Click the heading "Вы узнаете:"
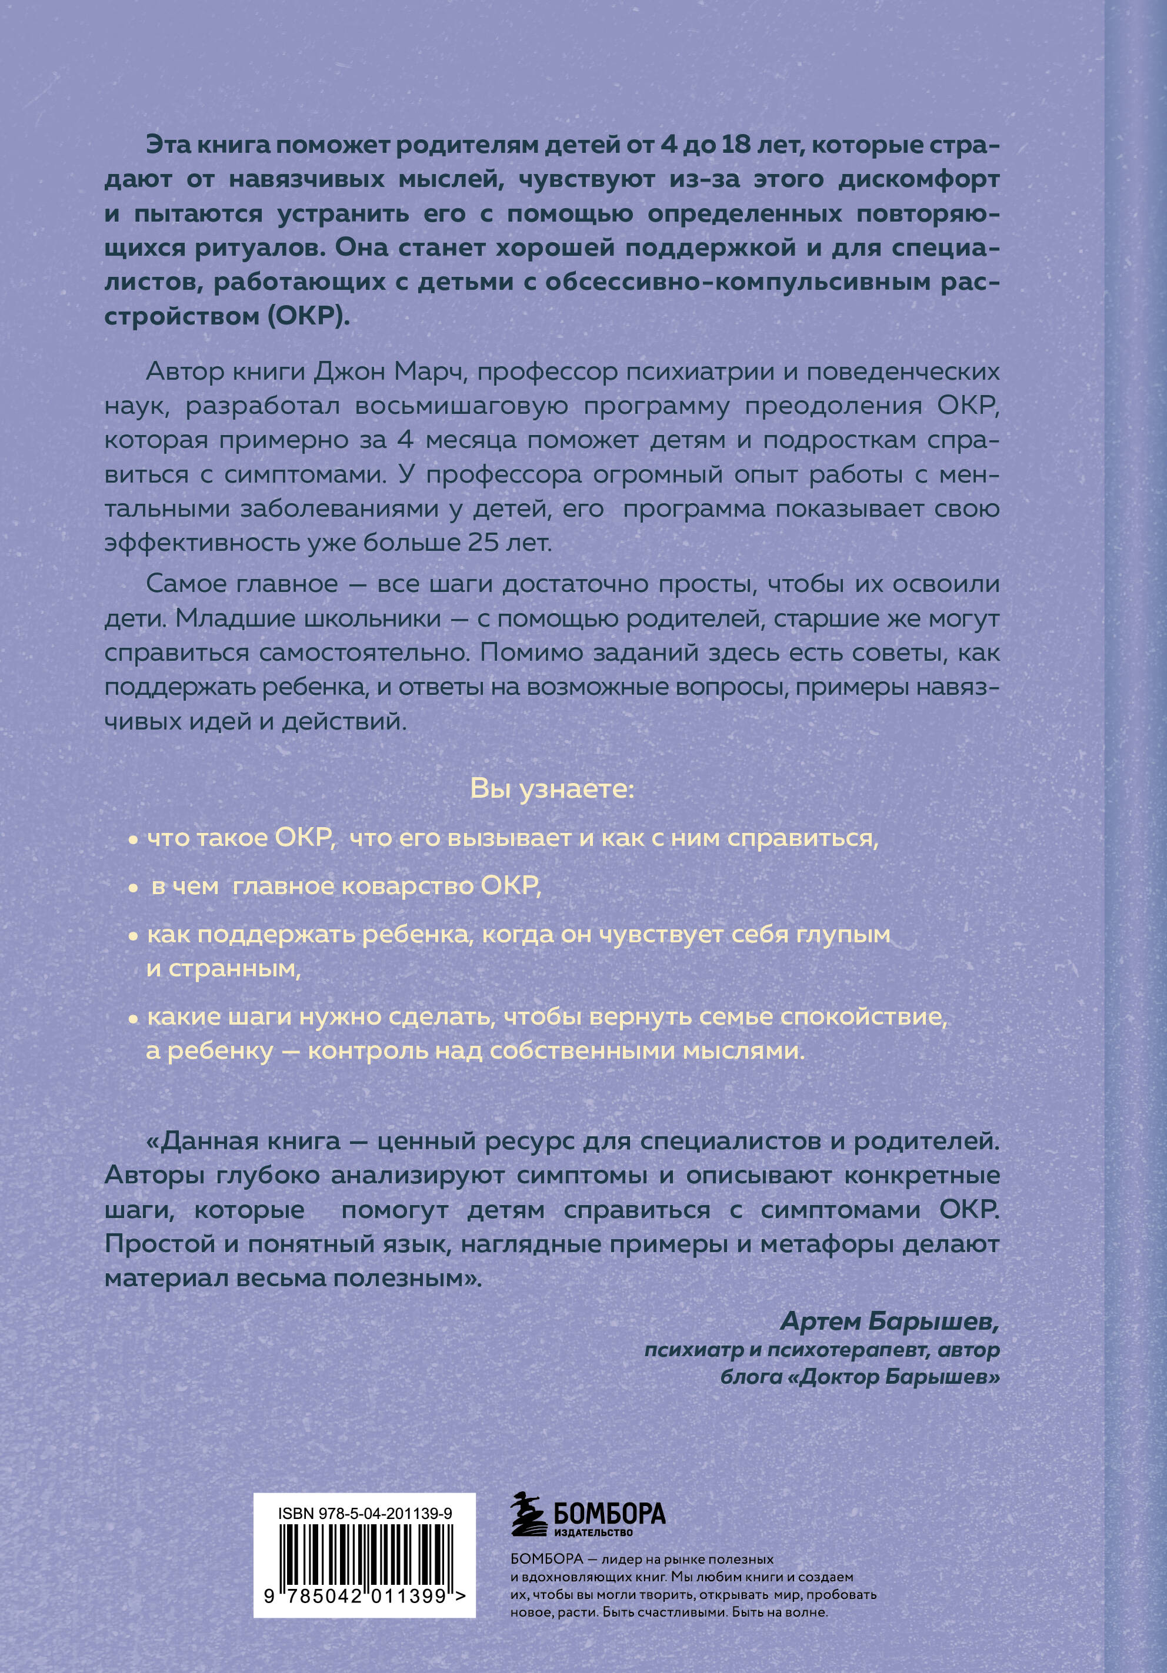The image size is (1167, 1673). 552,789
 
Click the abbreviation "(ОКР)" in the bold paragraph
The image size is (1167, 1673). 309,317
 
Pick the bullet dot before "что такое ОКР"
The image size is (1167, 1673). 133,840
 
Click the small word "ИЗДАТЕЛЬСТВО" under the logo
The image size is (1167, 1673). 594,1533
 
